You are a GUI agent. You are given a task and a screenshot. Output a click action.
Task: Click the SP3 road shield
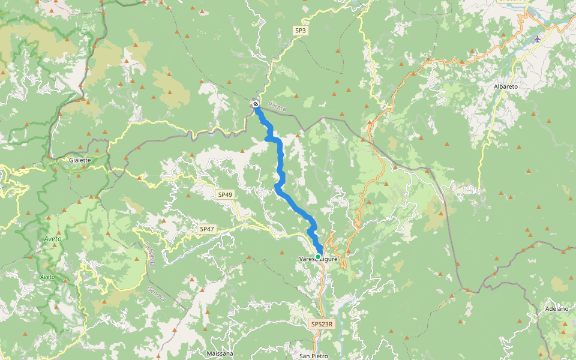pos(300,30)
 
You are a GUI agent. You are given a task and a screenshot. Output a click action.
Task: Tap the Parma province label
pos(277,107)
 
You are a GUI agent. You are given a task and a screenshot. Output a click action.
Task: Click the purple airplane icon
pos(537,39)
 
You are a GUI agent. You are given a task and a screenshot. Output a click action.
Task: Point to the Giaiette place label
pos(80,160)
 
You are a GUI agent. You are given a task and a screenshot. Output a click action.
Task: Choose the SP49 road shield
pos(225,195)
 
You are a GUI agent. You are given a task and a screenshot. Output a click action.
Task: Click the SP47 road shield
pos(207,229)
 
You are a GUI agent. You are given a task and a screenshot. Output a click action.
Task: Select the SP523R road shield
pos(322,324)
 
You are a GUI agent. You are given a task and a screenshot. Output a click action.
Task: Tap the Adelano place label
pos(557,308)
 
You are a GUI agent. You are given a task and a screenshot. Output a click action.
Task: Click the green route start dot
pos(318,256)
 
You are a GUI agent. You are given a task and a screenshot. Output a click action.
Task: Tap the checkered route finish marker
pos(256,104)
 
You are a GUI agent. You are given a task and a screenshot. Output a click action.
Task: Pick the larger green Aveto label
pos(53,239)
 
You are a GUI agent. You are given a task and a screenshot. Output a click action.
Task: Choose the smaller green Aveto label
pos(47,277)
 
